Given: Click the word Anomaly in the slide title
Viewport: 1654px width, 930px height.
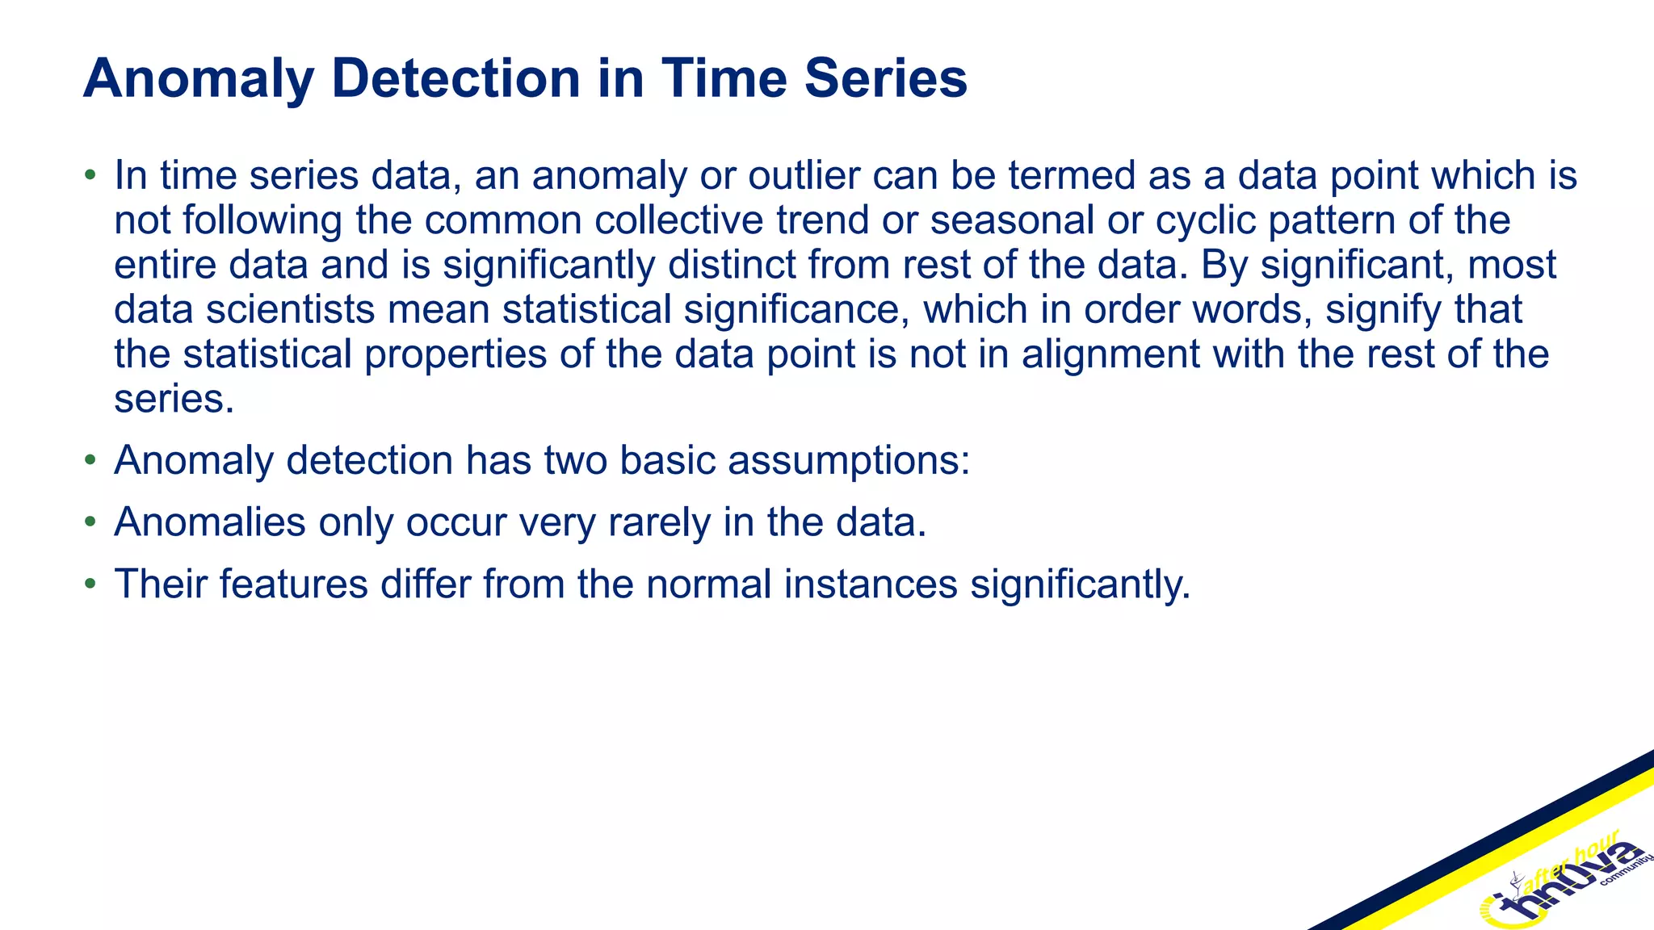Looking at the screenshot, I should (198, 79).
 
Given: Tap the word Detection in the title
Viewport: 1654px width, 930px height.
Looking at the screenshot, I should (455, 79).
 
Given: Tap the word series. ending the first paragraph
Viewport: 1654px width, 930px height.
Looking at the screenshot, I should (174, 399).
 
